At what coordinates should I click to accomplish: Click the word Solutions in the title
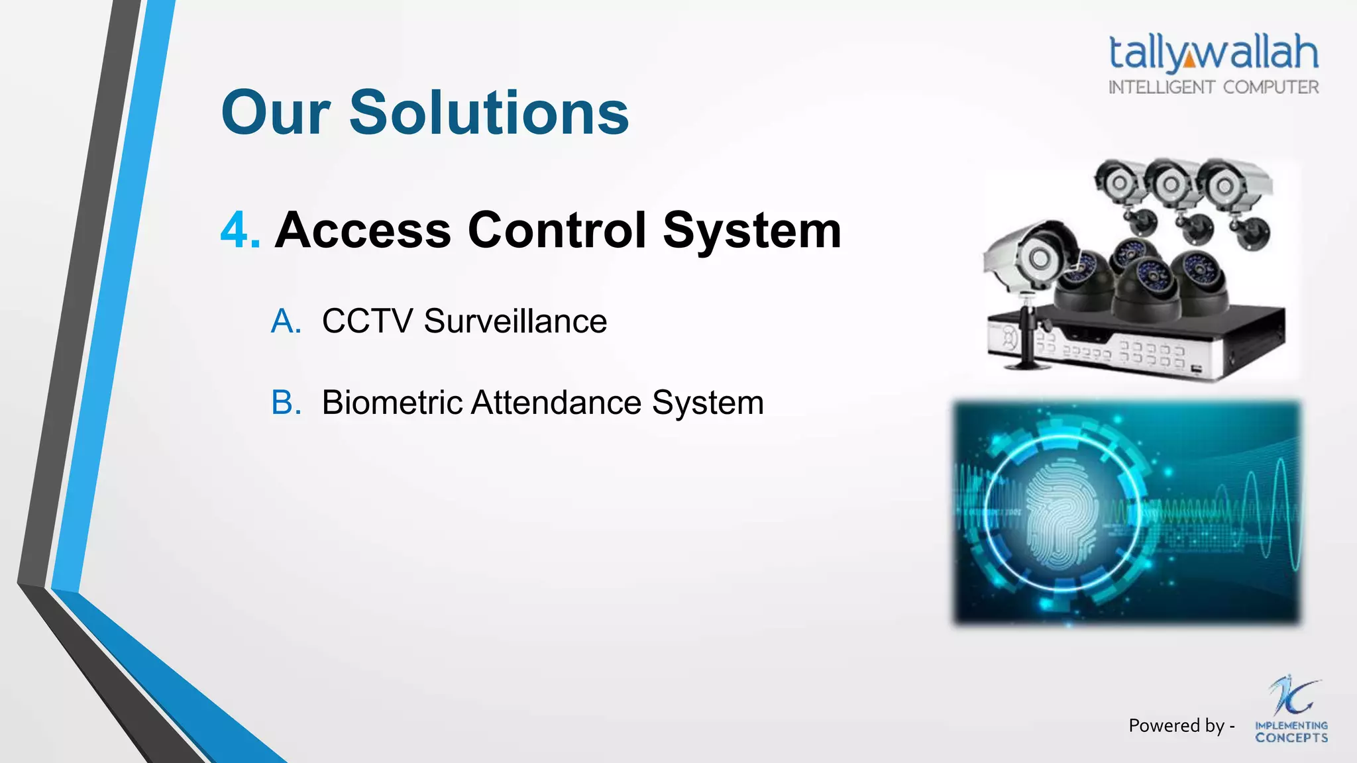coord(489,113)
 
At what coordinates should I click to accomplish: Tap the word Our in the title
coord(276,113)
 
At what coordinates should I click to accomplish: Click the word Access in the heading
coord(363,230)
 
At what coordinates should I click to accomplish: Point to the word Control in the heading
coord(557,230)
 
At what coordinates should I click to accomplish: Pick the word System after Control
coord(752,230)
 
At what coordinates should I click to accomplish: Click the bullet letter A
coord(286,322)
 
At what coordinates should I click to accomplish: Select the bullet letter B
coord(286,403)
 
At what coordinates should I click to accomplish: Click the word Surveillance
coord(515,322)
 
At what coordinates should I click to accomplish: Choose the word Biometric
coord(392,403)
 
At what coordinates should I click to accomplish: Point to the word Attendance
coord(556,403)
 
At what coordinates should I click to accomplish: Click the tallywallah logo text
coord(1213,52)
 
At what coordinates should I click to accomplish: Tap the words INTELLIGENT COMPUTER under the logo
coord(1213,87)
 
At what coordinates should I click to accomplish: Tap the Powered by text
coord(1181,726)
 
